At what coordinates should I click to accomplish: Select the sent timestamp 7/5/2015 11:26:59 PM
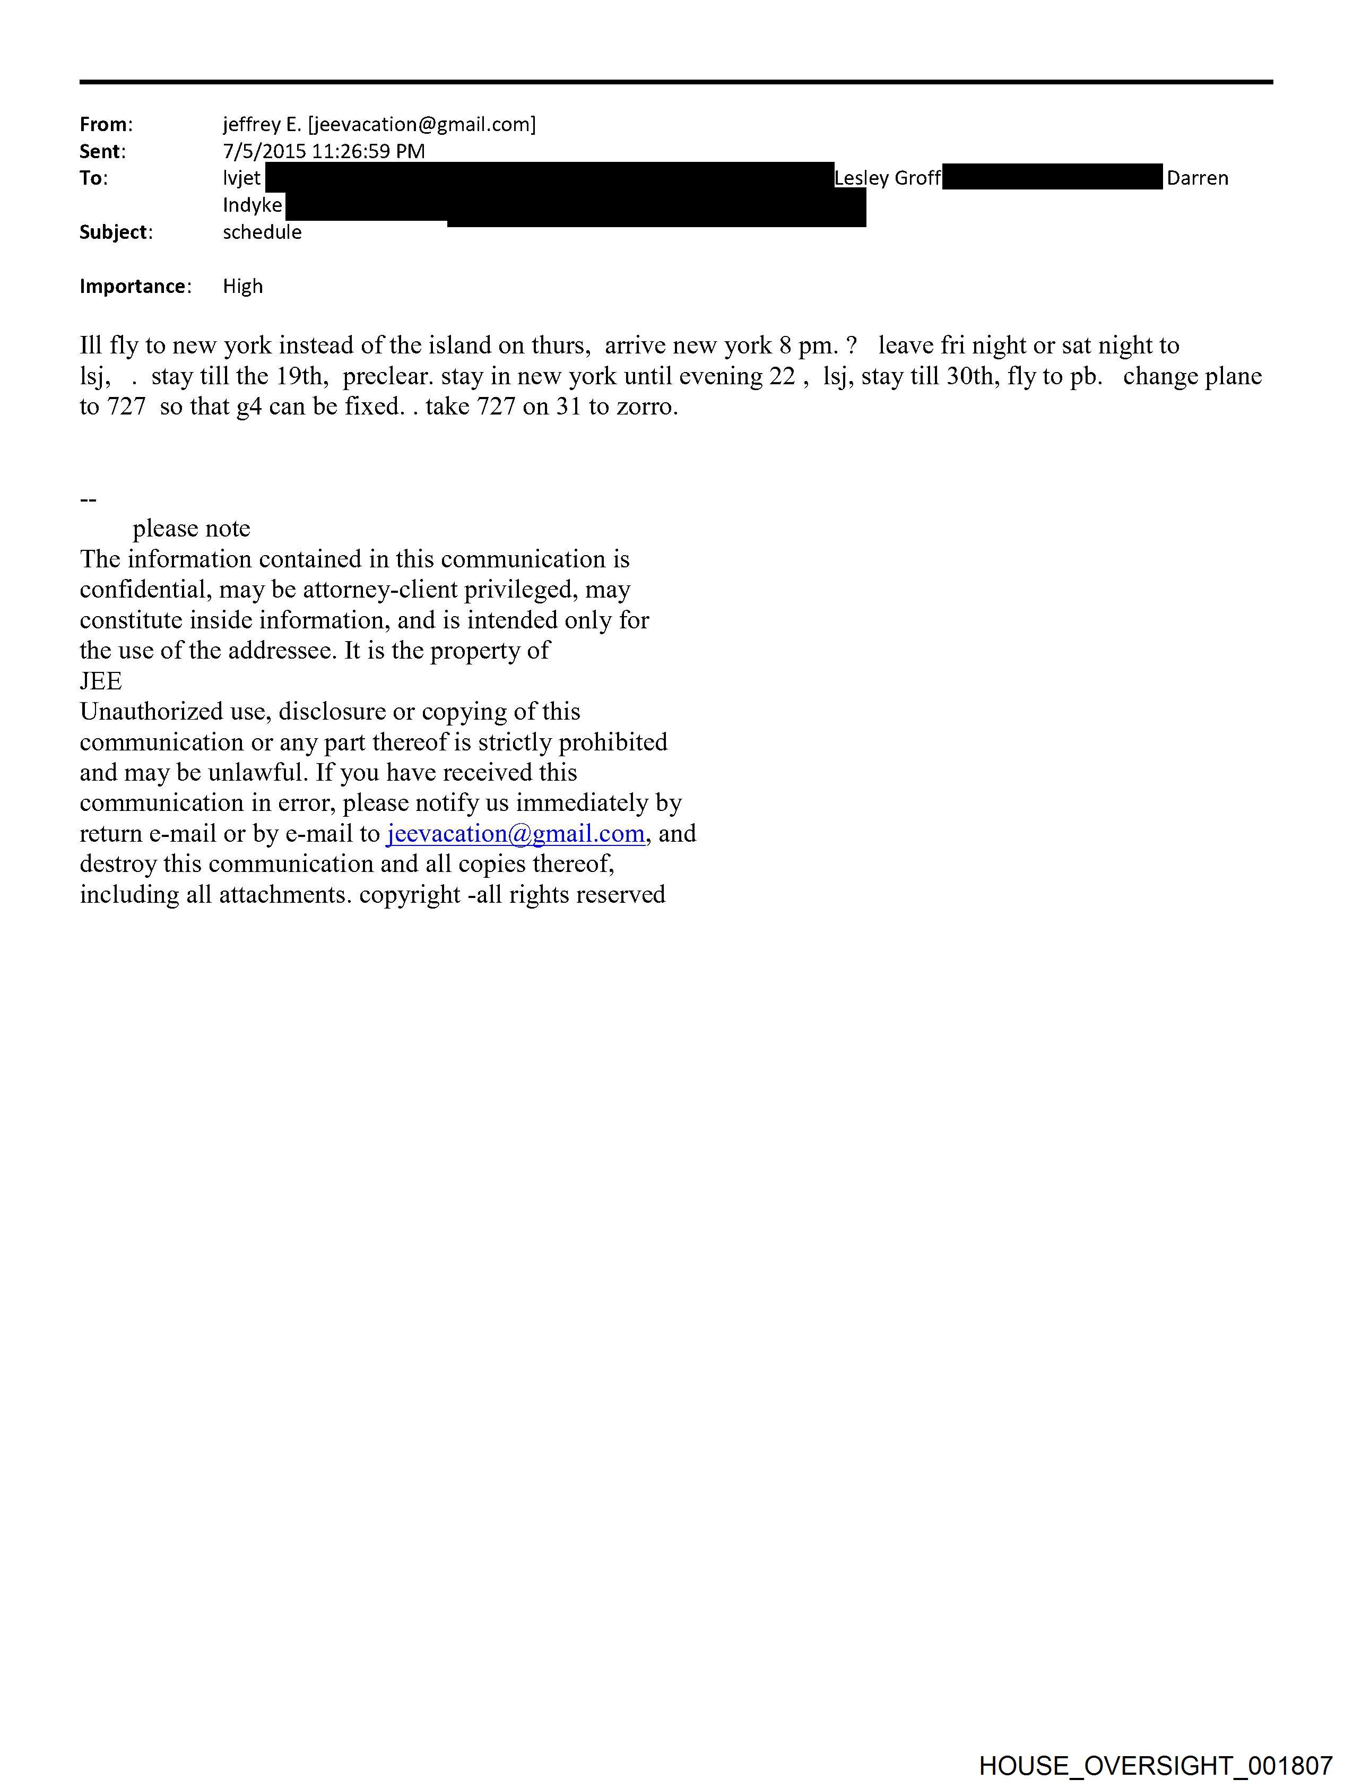click(x=323, y=151)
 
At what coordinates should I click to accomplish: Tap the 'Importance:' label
click(x=135, y=286)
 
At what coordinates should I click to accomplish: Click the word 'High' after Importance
click(x=242, y=286)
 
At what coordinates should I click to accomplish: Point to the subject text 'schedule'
click(x=262, y=232)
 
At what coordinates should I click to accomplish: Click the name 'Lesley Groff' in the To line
click(x=887, y=178)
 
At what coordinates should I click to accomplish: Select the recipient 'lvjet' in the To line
click(x=241, y=178)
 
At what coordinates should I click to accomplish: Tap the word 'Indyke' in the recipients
click(x=252, y=205)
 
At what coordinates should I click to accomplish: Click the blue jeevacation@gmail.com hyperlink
click(x=516, y=833)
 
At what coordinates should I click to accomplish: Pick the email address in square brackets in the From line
click(x=422, y=125)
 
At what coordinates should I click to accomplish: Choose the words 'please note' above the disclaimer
click(x=192, y=529)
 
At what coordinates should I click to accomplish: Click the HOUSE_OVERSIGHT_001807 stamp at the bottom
click(x=1155, y=1765)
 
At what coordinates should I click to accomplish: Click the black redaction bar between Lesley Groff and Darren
click(x=1052, y=176)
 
